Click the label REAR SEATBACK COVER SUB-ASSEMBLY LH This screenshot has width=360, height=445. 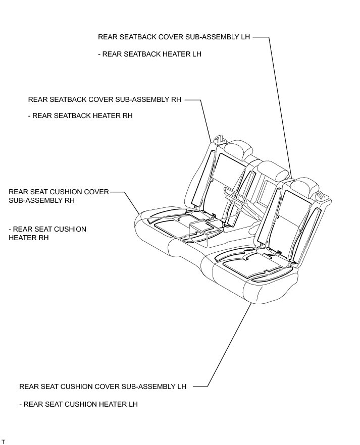[174, 37]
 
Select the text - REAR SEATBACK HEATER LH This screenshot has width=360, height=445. [149, 54]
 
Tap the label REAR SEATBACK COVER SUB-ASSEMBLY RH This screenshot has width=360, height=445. [105, 99]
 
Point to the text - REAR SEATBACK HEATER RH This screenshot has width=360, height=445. [80, 116]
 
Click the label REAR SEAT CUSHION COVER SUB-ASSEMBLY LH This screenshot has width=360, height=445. [103, 386]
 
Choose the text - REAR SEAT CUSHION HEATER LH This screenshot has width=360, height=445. [78, 404]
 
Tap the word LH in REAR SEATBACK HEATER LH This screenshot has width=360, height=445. [196, 54]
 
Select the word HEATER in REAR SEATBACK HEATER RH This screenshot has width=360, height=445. [100, 116]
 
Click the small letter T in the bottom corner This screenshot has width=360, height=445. [3, 441]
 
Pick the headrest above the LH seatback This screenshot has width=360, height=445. [303, 186]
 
